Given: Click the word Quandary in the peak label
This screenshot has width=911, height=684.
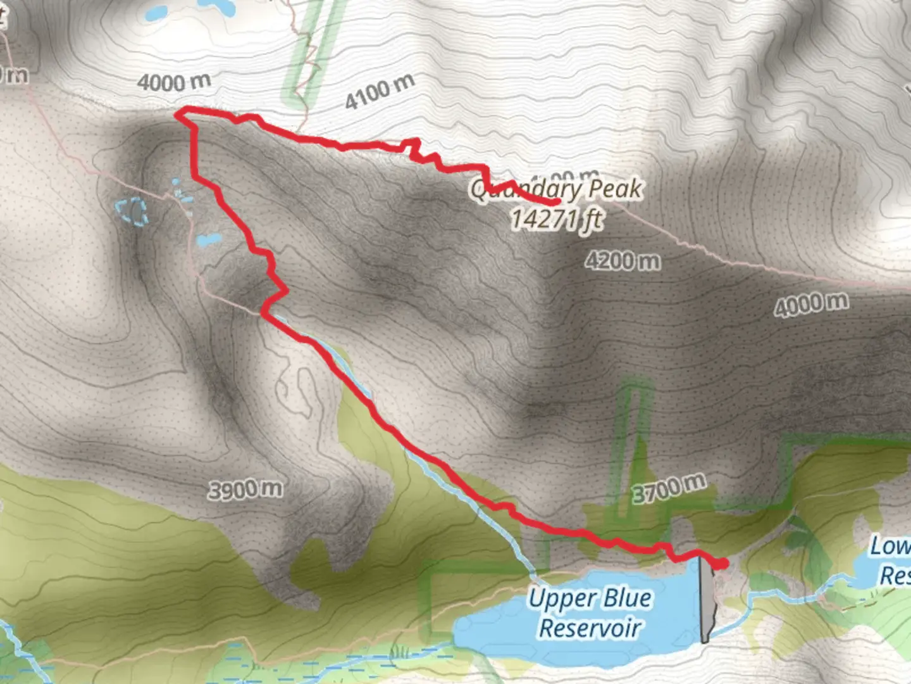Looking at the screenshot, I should point(525,189).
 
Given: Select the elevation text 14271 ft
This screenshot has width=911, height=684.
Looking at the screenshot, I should point(556,220).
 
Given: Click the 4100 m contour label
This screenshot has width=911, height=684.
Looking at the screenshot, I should point(380,91).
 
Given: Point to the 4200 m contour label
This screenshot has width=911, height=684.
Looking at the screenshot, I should point(623,261).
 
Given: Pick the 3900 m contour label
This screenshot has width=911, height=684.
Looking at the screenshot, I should point(245,489).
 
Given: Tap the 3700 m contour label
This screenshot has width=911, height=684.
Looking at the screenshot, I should point(669,488).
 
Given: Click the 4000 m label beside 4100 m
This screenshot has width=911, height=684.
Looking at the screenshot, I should point(174,82).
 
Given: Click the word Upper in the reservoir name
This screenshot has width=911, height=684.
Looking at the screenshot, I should point(555,599).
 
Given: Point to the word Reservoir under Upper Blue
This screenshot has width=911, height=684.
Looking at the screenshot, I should point(590,628).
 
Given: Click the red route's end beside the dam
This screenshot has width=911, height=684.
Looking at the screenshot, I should point(723,563).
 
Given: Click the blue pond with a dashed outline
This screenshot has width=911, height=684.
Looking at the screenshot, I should point(132,211).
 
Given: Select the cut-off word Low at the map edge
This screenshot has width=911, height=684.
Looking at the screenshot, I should point(890,547).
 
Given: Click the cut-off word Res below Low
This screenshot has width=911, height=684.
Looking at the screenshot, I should point(895,576).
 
